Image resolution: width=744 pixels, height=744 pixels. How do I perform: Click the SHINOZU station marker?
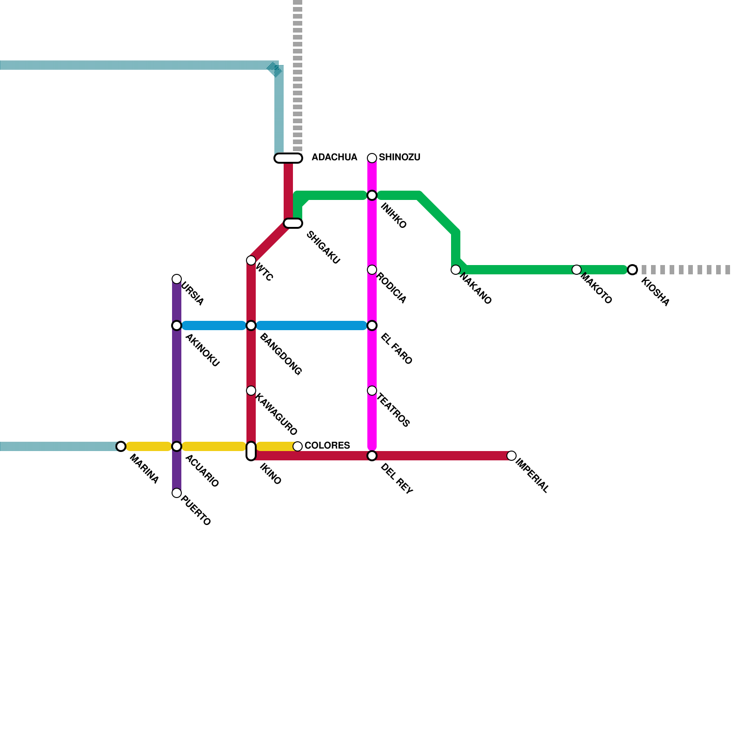[x=372, y=158]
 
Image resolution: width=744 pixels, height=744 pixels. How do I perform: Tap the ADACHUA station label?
[x=334, y=158]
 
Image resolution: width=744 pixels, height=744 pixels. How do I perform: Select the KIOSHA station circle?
[x=632, y=270]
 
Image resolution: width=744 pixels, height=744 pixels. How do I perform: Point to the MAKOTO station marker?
[x=576, y=270]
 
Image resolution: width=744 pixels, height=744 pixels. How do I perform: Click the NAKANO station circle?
[x=456, y=270]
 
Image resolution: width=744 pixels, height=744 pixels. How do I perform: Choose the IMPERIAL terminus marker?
[x=511, y=456]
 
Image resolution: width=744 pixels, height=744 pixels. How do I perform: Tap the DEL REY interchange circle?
[x=372, y=456]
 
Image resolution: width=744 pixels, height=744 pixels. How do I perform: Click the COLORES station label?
[x=327, y=445]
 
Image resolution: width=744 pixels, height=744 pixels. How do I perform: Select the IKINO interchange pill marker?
[x=251, y=451]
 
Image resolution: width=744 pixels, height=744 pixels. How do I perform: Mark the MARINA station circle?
[x=121, y=446]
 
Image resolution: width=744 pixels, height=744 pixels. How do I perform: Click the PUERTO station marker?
[x=177, y=493]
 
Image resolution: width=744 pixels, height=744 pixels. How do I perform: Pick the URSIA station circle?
[x=177, y=279]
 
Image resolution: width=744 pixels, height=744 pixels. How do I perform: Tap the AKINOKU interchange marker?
[x=177, y=325]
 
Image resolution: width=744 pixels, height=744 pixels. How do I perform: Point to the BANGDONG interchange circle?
[x=251, y=325]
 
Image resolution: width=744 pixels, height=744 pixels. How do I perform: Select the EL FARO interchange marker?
[x=372, y=325]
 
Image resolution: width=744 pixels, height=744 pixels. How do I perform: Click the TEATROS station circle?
[x=372, y=391]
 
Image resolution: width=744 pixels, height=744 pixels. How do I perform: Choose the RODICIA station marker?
[x=372, y=270]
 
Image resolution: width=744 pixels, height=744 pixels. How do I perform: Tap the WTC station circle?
[x=251, y=260]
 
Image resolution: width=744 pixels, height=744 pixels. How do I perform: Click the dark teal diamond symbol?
[x=275, y=70]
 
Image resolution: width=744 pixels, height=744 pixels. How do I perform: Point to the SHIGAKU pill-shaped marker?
[x=293, y=223]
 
